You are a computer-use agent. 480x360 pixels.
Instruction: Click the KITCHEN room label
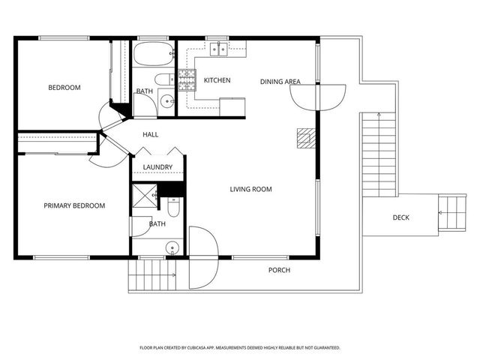[x=217, y=80]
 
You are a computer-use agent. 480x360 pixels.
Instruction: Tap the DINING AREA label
[x=280, y=82]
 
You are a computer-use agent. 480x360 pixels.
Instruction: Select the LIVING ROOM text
[x=250, y=189]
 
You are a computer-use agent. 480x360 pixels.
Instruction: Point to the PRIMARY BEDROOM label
[x=74, y=205]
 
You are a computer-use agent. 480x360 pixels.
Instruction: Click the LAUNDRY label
[x=157, y=167]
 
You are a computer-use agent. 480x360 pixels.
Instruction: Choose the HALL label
[x=150, y=134]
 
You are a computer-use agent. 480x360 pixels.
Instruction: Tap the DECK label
[x=400, y=217]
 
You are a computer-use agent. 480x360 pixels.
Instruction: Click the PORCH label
[x=279, y=270]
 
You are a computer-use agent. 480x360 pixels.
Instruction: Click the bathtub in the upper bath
[x=154, y=53]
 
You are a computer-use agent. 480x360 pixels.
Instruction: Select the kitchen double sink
[x=218, y=49]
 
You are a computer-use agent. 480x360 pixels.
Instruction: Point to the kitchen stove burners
[x=187, y=80]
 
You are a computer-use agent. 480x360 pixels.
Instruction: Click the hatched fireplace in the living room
[x=306, y=138]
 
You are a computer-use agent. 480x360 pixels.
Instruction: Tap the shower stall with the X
[x=145, y=196]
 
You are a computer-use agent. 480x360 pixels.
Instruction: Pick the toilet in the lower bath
[x=173, y=207]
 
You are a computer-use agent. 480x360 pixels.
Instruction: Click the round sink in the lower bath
[x=172, y=247]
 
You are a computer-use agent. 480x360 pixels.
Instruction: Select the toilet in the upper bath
[x=164, y=80]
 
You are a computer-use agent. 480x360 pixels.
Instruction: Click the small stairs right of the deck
[x=452, y=213]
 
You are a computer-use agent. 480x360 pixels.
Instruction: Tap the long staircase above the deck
[x=379, y=154]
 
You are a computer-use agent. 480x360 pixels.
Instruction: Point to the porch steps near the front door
[x=152, y=275]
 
